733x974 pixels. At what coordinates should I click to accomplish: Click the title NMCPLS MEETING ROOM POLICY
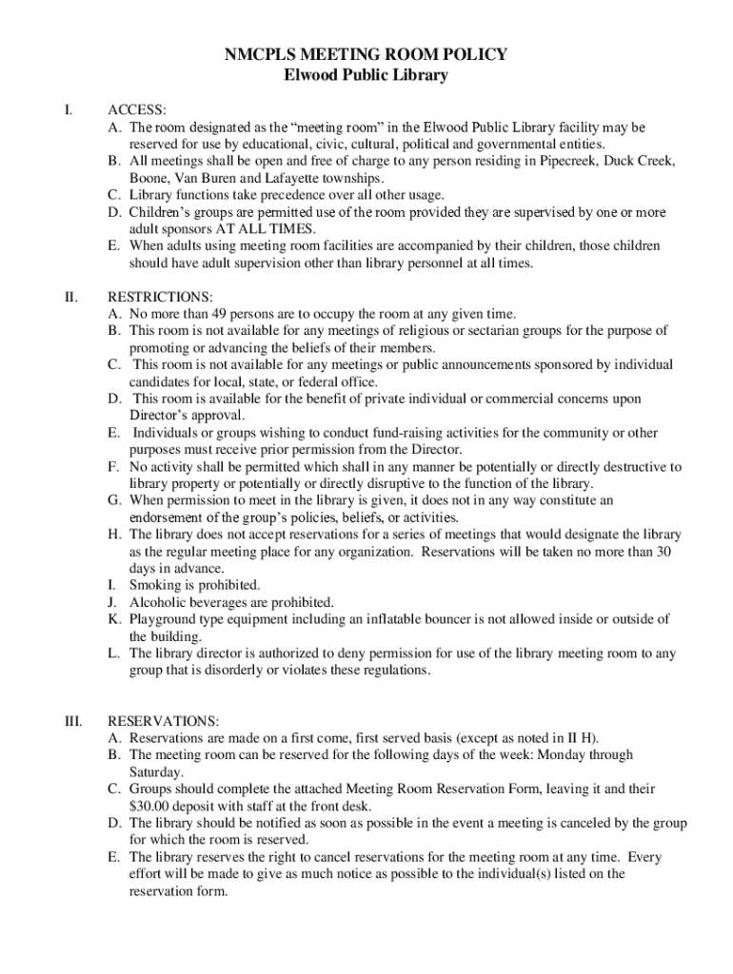(x=366, y=56)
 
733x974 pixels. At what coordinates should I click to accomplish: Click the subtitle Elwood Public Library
(x=366, y=76)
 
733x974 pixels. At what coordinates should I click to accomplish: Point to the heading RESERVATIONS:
(x=164, y=721)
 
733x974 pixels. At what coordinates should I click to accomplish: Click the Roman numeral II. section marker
(x=71, y=297)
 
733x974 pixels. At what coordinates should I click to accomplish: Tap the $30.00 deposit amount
(x=152, y=807)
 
